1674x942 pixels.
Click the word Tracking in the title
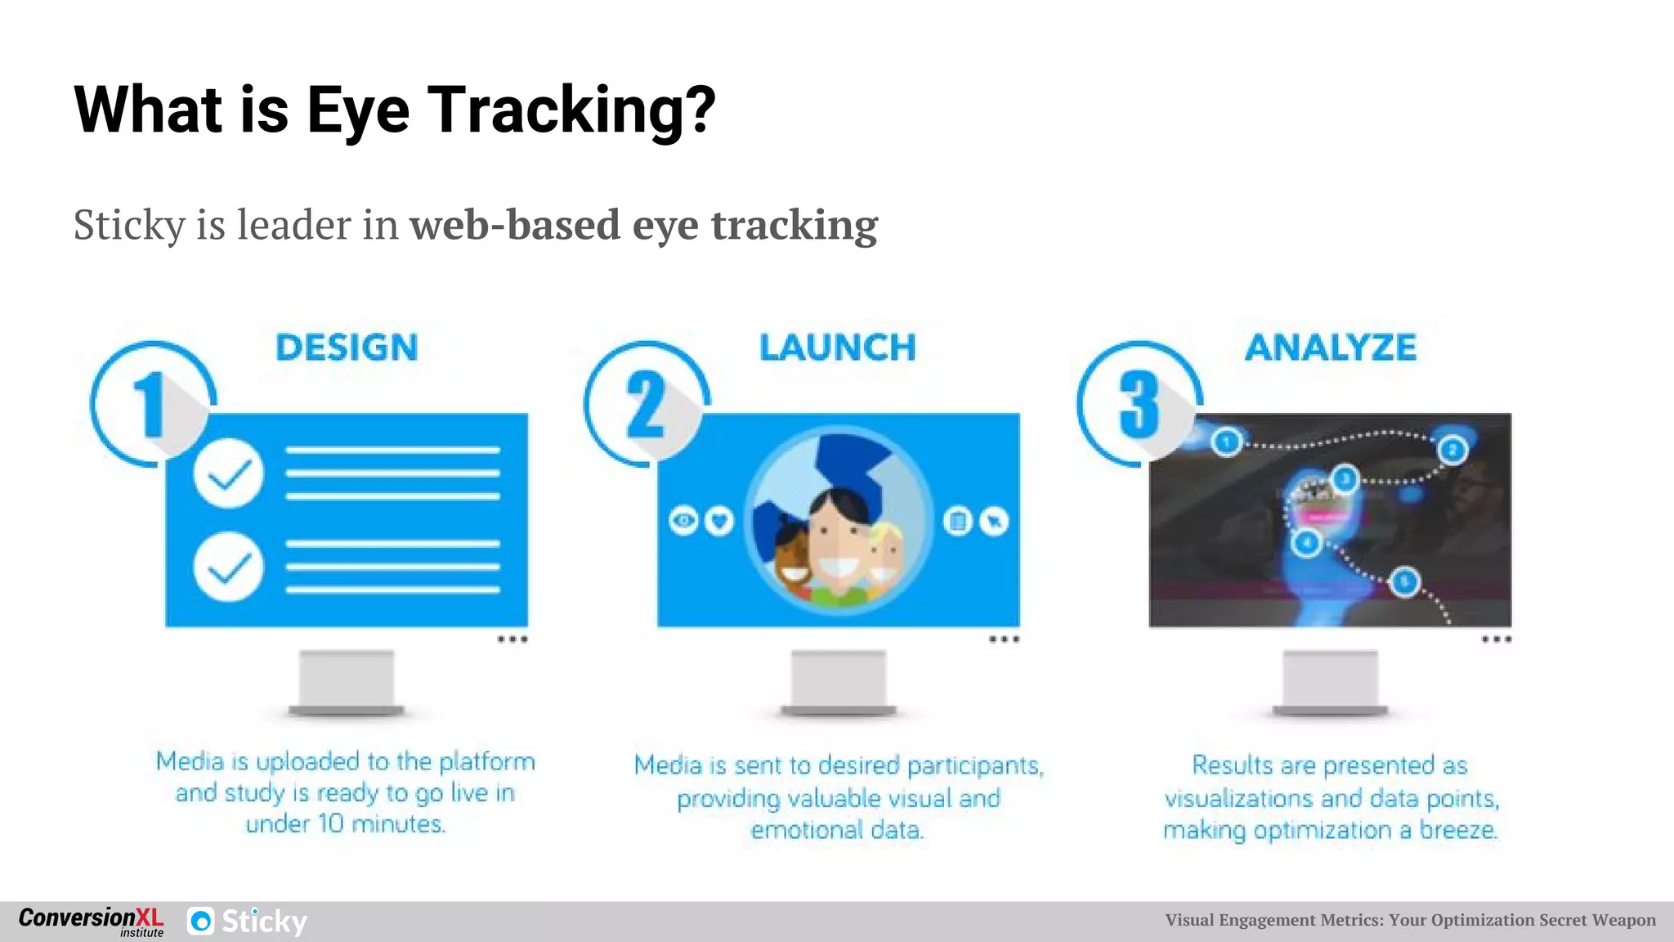572,110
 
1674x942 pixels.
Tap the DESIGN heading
347,348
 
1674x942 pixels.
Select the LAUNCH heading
838,348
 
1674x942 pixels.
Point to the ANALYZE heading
1331,348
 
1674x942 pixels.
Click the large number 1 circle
152,404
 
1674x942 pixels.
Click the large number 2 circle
646,404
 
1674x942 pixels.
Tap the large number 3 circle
1139,404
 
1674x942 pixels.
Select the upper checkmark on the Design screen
229,473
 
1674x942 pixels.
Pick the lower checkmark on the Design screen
229,567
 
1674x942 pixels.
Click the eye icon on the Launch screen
684,521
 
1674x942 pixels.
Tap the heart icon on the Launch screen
719,521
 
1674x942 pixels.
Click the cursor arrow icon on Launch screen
994,521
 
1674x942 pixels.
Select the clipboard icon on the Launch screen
958,521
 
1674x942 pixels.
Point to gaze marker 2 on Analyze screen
1452,450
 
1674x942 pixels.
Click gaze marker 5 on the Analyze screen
1404,581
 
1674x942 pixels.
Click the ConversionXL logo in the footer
91,921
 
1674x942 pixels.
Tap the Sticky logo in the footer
248,922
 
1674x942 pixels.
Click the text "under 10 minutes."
346,823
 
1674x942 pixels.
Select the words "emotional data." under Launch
838,830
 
